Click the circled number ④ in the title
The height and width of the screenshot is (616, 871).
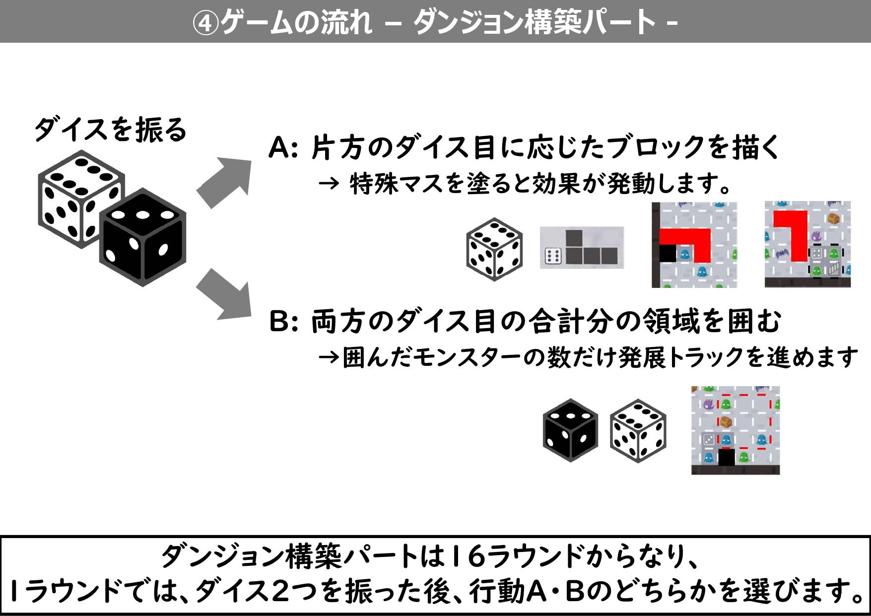click(205, 22)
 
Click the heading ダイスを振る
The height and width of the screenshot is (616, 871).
click(110, 130)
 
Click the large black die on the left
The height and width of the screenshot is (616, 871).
click(143, 237)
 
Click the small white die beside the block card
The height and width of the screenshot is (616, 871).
click(494, 249)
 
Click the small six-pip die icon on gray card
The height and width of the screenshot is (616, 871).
click(552, 256)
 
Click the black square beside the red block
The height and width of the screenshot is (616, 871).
click(668, 253)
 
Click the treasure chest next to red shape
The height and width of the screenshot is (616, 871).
click(833, 219)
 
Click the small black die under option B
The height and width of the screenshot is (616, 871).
click(570, 430)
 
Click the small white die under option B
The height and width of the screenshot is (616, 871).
click(638, 430)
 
